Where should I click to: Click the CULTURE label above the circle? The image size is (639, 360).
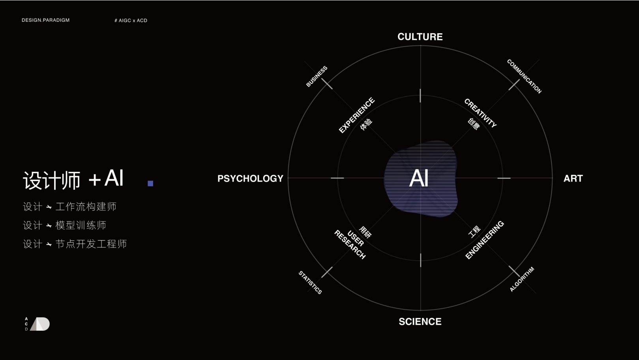click(420, 37)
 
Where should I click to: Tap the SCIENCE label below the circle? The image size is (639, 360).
click(420, 322)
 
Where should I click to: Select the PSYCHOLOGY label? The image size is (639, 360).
click(250, 178)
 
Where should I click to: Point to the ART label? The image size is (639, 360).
click(573, 178)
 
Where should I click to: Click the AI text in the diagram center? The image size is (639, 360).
click(419, 178)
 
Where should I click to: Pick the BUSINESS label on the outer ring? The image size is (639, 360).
click(317, 76)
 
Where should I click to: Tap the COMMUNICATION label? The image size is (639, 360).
click(524, 76)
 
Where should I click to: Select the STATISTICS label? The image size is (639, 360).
click(310, 282)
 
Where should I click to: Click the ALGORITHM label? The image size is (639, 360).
click(522, 279)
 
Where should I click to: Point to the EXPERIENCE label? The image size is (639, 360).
click(357, 115)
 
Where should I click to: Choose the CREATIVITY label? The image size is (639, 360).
click(480, 113)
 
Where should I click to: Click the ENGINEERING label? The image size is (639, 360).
click(485, 240)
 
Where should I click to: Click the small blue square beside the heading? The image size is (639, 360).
click(150, 183)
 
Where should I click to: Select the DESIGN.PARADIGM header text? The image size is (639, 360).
click(45, 20)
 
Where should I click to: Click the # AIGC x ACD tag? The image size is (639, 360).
click(131, 21)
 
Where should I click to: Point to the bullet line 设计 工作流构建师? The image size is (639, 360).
click(70, 206)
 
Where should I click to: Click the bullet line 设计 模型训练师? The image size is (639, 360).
click(65, 225)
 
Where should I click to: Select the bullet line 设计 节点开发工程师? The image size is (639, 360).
click(75, 244)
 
